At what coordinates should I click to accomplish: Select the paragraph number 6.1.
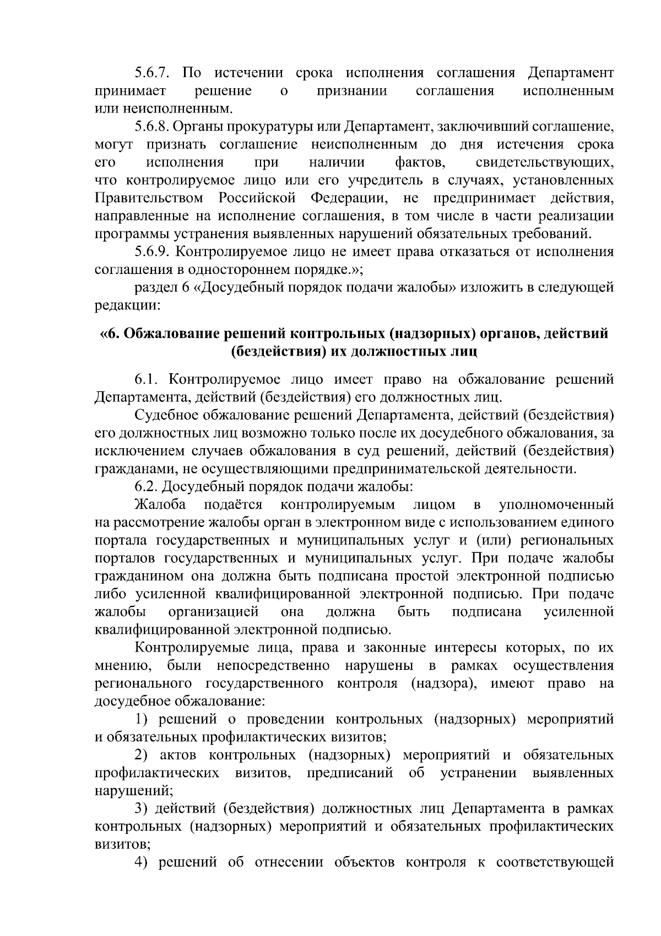click(148, 379)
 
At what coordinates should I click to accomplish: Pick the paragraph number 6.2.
click(148, 487)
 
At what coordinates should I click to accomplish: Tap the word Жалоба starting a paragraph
click(160, 504)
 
